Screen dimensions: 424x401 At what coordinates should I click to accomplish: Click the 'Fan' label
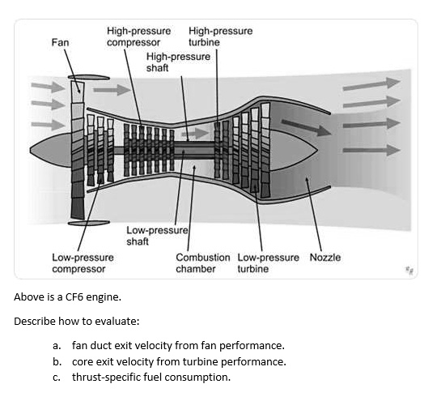(x=60, y=42)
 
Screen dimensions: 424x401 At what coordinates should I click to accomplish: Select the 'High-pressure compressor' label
(x=138, y=36)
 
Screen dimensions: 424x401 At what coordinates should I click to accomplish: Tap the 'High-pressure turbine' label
(x=220, y=36)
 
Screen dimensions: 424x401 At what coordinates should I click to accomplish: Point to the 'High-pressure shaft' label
(x=178, y=62)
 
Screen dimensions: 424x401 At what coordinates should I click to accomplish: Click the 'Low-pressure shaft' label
(x=157, y=236)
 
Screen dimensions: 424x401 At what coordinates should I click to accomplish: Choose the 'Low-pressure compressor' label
(x=83, y=263)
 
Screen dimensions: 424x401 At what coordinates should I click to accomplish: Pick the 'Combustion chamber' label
(x=203, y=263)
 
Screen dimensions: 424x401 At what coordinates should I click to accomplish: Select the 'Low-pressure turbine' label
(x=269, y=263)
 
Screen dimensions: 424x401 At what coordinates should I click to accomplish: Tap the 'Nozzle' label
(x=325, y=258)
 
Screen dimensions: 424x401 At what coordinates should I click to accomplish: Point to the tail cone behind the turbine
(x=294, y=151)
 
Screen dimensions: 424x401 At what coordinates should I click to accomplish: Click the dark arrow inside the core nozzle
(x=307, y=127)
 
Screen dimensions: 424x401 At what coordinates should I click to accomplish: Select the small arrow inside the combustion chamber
(x=195, y=134)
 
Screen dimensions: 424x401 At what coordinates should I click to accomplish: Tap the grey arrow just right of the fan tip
(x=112, y=90)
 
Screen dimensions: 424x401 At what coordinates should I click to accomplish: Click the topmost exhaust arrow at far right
(x=371, y=83)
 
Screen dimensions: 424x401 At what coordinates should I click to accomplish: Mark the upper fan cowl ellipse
(x=89, y=78)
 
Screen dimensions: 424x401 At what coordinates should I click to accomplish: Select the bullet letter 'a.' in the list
(x=57, y=345)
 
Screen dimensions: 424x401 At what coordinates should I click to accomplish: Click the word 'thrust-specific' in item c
(x=106, y=378)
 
